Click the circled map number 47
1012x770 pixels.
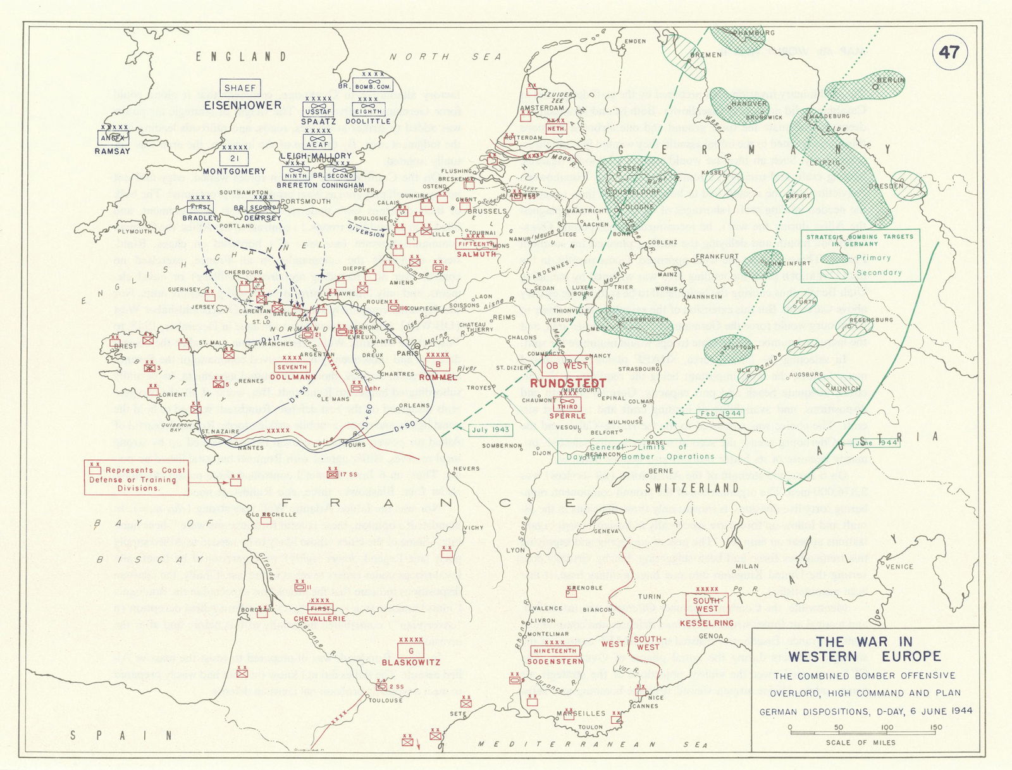(949, 53)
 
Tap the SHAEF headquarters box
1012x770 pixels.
(240, 88)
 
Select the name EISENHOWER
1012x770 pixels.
(243, 105)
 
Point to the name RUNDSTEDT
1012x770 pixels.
(567, 383)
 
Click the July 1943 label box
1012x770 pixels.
(490, 430)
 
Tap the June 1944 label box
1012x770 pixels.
(876, 443)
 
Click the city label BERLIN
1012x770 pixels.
(891, 80)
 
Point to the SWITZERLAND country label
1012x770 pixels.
(691, 488)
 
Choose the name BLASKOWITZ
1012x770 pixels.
(410, 662)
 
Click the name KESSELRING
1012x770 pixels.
(707, 623)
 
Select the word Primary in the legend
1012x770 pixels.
(873, 258)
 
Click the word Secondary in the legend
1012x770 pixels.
(879, 273)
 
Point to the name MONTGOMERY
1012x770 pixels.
(234, 171)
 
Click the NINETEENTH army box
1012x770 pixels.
(555, 650)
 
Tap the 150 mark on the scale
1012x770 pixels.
(935, 728)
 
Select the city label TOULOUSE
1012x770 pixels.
(385, 700)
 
